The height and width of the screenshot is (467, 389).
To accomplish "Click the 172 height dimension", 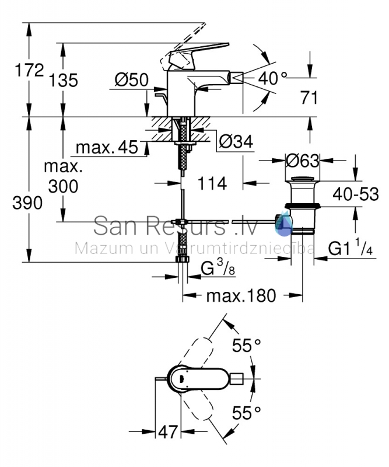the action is point(29,70).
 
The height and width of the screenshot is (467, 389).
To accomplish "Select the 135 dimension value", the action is point(63,80).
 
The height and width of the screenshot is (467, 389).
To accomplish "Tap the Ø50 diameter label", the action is point(132,80).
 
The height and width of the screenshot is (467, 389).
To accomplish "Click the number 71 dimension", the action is point(309,97).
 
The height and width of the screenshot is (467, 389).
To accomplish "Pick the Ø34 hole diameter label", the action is point(236,141).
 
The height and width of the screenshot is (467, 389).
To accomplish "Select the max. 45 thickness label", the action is point(107,147).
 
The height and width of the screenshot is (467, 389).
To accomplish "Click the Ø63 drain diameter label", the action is point(302,161).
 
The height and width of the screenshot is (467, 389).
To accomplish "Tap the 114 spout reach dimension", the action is point(212,183).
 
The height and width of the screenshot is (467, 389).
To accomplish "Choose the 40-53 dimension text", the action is point(356,194).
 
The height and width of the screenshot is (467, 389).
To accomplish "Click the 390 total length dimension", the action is point(27,203).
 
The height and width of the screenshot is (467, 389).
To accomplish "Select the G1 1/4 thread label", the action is point(351,248).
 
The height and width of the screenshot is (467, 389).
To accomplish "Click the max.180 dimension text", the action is point(241,296).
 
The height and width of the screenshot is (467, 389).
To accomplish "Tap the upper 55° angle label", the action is point(247,346).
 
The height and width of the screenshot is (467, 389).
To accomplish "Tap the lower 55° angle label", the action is point(247,413).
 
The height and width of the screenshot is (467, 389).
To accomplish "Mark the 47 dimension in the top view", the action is point(168,431).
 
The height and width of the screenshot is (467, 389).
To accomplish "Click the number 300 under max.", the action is point(63,186).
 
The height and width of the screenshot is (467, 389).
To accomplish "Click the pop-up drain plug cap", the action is point(302,180).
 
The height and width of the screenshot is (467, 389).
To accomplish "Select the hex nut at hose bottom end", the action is point(183,259).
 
